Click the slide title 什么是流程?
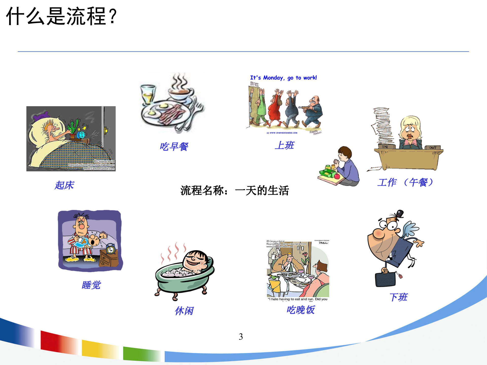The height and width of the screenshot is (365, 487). pos(61,17)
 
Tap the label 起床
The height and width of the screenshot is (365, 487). pos(64,185)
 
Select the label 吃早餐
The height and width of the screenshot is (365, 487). pos(174,147)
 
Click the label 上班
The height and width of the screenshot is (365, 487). pos(284,145)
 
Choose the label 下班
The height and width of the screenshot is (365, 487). pos(398,297)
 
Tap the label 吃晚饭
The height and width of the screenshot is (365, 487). pos(301,310)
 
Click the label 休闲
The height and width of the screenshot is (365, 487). pos(184,311)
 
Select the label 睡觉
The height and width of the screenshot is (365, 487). pos(91,285)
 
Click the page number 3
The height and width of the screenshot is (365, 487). pos(241,337)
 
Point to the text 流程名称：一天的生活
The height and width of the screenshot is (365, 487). pos(235,191)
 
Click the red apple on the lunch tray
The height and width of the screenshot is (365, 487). pos(337,176)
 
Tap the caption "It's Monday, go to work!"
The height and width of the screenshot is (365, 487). pos(283,78)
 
